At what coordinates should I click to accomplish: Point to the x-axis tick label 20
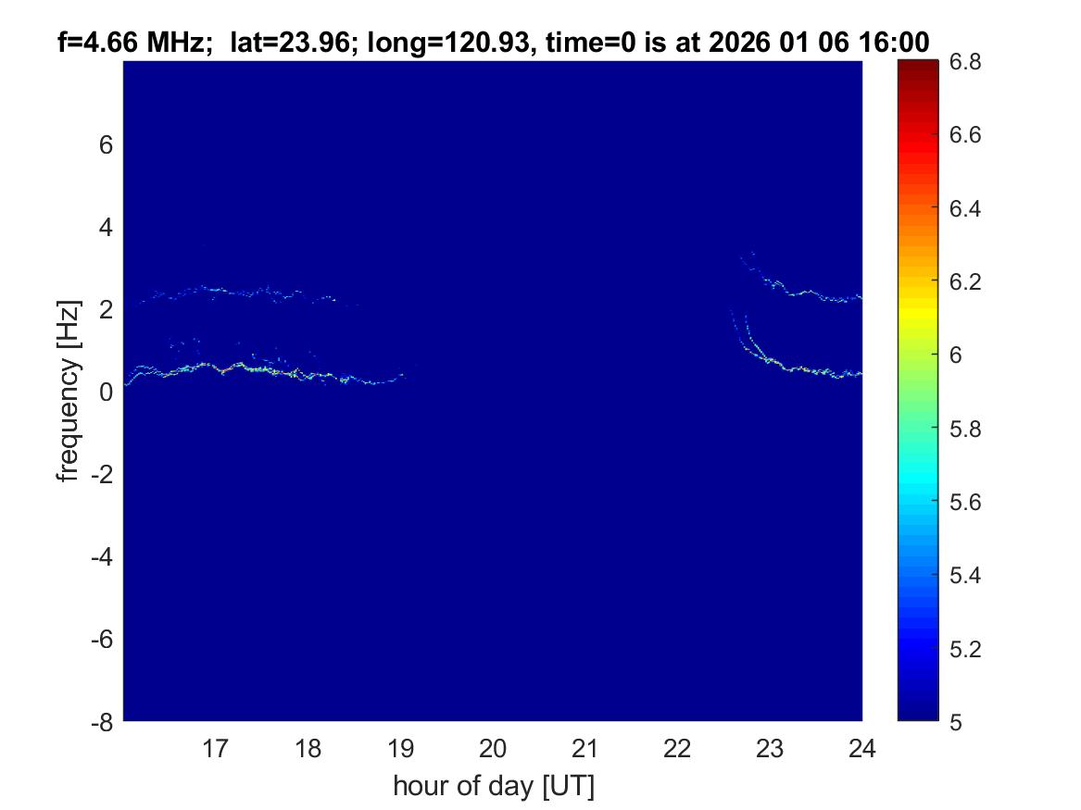(x=493, y=748)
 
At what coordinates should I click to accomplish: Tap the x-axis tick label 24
(x=861, y=748)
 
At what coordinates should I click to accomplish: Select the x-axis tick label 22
(x=677, y=748)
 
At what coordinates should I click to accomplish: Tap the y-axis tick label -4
(x=104, y=557)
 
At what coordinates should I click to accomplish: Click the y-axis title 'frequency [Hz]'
(x=68, y=392)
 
